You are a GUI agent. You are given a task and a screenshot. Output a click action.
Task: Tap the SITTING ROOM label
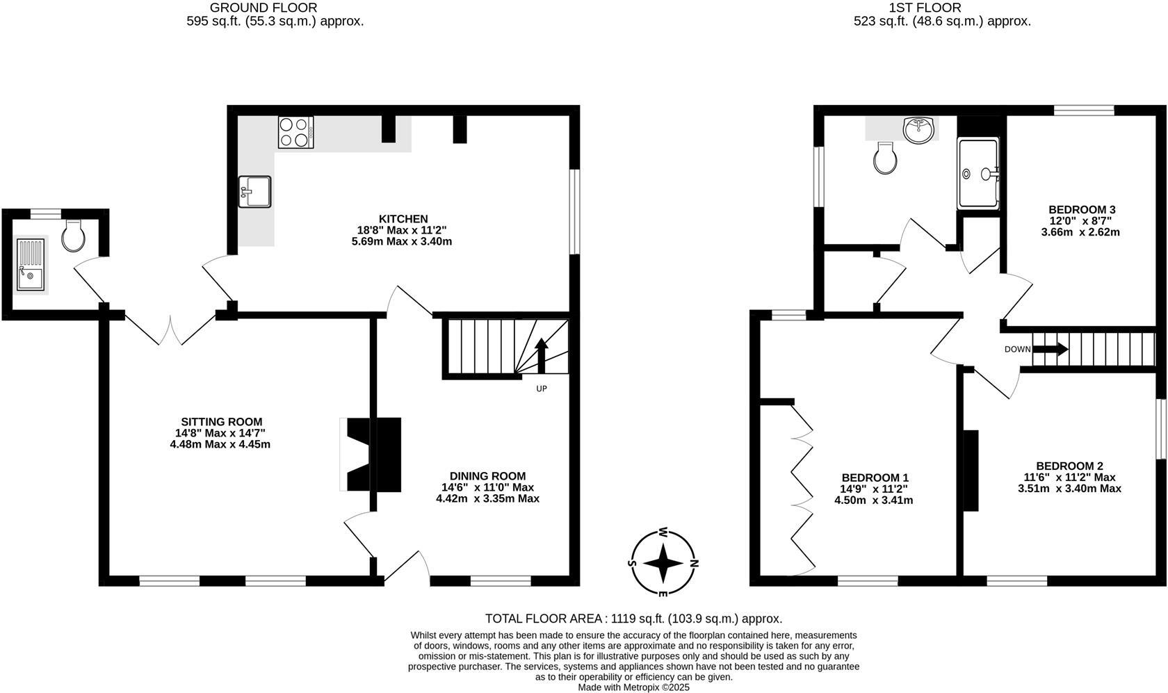[x=221, y=422]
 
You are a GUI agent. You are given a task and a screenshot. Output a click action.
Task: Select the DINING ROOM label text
[x=487, y=476]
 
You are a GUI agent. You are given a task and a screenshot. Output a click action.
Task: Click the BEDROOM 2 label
[x=1069, y=466]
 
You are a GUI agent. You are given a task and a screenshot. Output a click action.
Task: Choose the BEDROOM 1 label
[x=875, y=478]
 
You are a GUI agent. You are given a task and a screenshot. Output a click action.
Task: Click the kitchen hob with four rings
[x=295, y=132]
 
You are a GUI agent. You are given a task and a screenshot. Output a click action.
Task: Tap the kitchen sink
[x=254, y=191]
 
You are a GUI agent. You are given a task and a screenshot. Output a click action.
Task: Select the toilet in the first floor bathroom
[x=885, y=158]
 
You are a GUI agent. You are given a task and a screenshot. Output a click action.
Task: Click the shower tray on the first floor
[x=978, y=173]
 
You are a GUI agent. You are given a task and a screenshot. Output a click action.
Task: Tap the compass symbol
[x=663, y=563]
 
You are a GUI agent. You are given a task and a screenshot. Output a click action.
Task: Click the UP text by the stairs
[x=541, y=389]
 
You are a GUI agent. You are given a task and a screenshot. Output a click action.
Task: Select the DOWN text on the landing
[x=1017, y=350]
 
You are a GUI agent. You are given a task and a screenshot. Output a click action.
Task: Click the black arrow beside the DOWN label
[x=1051, y=349]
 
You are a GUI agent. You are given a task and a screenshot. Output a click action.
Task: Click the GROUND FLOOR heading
[x=263, y=8]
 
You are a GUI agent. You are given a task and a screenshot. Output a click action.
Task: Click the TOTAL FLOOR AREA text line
[x=633, y=619]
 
